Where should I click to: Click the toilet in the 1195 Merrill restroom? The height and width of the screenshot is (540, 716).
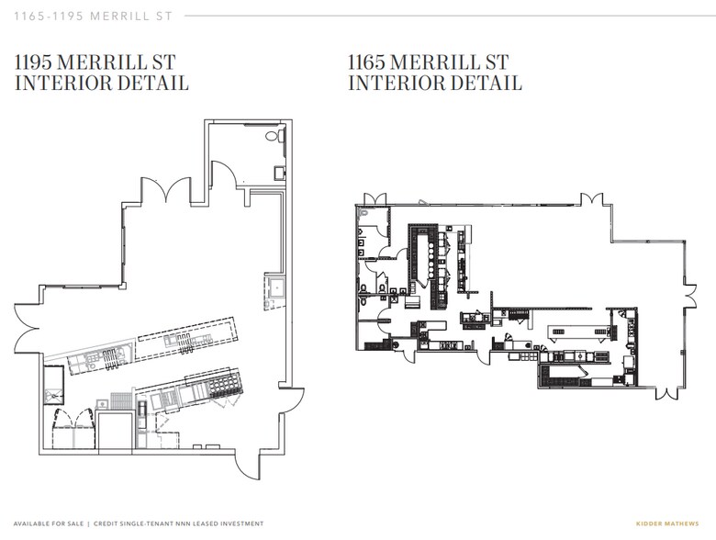(273, 136)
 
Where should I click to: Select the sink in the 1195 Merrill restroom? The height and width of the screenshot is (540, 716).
(279, 174)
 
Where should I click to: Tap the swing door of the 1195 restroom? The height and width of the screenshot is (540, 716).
(224, 174)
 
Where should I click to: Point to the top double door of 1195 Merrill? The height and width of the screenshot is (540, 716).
(165, 189)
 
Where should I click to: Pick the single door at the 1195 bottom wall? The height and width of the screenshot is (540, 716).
(248, 465)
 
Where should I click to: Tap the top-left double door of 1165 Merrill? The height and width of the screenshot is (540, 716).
(375, 199)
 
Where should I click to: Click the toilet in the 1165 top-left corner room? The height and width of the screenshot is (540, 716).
(364, 213)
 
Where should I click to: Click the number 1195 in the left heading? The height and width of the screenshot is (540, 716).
(33, 62)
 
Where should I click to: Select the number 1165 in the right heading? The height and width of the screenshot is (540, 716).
(366, 62)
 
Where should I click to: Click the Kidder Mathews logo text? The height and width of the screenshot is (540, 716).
(667, 523)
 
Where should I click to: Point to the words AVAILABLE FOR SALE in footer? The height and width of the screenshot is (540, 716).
(49, 523)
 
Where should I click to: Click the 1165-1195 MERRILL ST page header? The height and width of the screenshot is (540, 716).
(93, 16)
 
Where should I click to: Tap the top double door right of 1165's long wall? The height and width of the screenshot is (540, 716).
(592, 199)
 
